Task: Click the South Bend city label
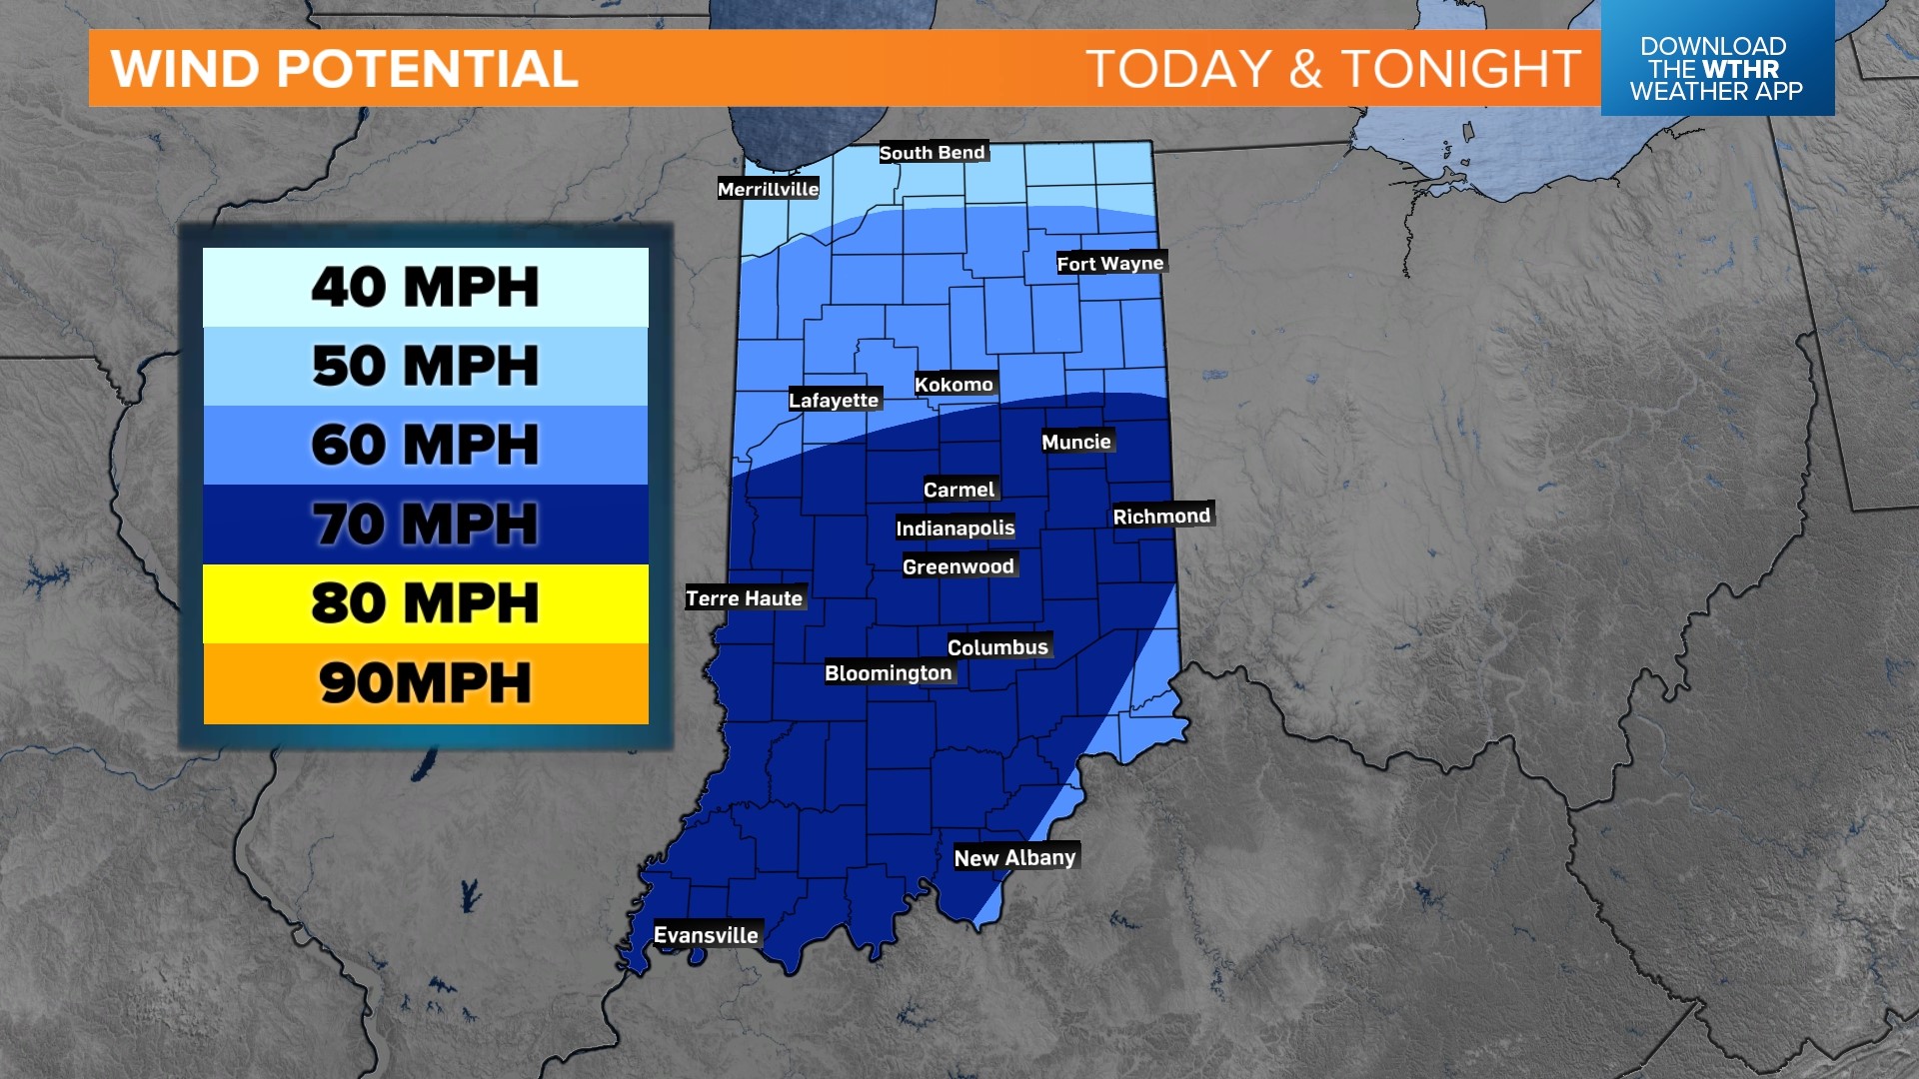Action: [x=933, y=152]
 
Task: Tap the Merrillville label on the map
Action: [x=768, y=189]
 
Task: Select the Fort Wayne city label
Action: [x=1110, y=263]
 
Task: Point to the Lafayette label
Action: [x=834, y=400]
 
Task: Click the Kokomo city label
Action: [x=954, y=385]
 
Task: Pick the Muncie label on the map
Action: [x=1075, y=442]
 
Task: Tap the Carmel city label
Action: [x=959, y=490]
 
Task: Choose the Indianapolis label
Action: [x=955, y=528]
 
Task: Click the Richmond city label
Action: [x=1161, y=516]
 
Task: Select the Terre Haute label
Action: [x=744, y=598]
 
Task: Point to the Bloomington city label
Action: [x=888, y=672]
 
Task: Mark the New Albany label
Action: [x=1014, y=857]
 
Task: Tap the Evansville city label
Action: [x=706, y=935]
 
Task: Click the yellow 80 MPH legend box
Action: [x=426, y=603]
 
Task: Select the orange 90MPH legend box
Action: [x=426, y=683]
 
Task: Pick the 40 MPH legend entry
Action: [x=426, y=287]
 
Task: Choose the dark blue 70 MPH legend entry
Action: [x=426, y=524]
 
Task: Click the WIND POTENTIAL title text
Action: [x=345, y=69]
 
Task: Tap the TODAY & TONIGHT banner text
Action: [x=1332, y=69]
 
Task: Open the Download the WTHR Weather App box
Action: [x=1716, y=68]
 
